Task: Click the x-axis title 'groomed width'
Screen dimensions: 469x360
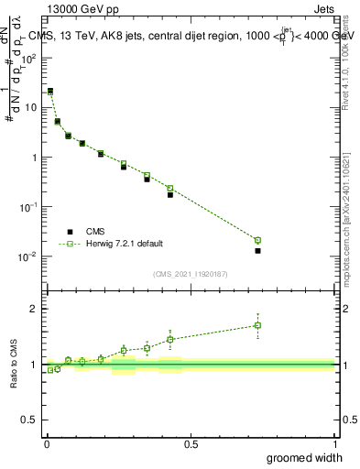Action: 305,457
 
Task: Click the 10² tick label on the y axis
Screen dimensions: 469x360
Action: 31,58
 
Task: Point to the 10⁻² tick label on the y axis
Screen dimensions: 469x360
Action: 30,256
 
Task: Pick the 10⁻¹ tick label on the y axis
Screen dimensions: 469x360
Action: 30,207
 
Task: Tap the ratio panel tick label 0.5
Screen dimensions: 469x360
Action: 31,420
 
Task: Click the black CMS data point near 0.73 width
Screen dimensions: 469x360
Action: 257,250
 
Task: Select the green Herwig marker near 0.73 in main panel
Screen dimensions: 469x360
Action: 257,240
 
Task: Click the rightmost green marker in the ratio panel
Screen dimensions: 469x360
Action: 257,325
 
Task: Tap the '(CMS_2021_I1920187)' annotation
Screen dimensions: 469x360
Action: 190,273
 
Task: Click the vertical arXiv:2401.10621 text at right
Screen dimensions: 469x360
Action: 351,220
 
